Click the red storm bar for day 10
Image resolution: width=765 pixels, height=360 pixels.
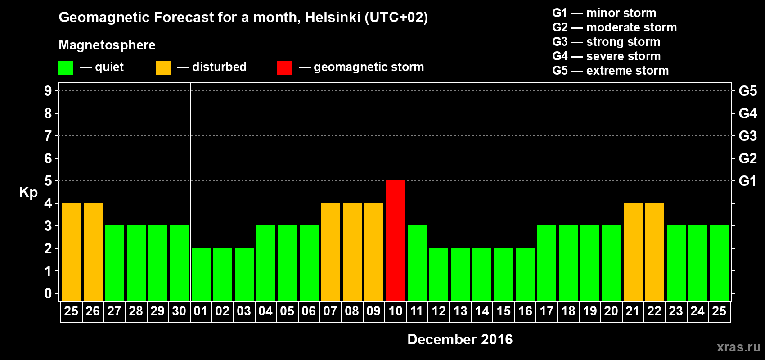click(396, 240)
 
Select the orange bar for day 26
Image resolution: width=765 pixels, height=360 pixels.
click(93, 252)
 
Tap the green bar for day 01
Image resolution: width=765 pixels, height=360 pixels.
click(201, 274)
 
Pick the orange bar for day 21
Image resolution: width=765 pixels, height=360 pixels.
click(633, 252)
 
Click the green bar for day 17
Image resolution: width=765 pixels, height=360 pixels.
click(547, 263)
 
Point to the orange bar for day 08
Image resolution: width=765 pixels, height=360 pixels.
click(352, 252)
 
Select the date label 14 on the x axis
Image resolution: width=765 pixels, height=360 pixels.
click(482, 311)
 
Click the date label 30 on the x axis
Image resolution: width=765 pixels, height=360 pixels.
click(179, 311)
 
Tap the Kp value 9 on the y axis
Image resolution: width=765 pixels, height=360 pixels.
click(48, 91)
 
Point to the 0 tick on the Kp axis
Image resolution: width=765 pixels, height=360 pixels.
click(48, 294)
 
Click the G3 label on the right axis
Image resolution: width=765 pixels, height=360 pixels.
click(747, 136)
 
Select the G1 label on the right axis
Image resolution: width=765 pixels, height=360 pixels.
click(747, 181)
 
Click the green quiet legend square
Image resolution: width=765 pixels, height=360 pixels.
click(66, 68)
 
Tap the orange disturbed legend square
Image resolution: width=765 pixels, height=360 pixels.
click(163, 68)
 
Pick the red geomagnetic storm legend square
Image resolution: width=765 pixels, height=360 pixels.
click(284, 68)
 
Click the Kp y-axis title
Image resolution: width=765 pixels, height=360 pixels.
click(28, 192)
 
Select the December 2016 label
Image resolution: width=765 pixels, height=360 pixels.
click(460, 339)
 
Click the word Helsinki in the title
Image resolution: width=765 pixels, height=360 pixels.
click(333, 17)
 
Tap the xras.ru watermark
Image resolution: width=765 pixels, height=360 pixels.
click(738, 347)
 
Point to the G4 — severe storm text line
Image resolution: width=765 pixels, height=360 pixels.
click(606, 56)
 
